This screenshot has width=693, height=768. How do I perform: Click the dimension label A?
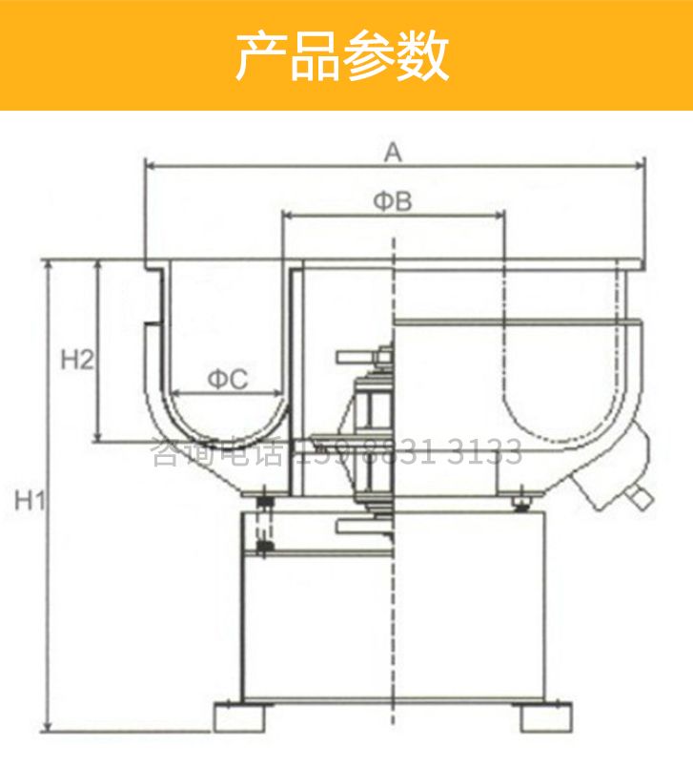pyautogui.click(x=393, y=150)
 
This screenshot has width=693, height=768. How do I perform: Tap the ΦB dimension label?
pyautogui.click(x=392, y=200)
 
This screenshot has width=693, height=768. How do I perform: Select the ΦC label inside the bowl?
pyautogui.click(x=228, y=380)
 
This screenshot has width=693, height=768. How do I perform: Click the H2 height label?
pyautogui.click(x=77, y=360)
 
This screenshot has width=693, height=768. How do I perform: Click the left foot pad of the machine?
pyautogui.click(x=238, y=716)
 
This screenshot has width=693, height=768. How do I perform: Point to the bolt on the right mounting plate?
pyautogui.click(x=521, y=497)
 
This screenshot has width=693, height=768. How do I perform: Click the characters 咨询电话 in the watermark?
pyautogui.click(x=218, y=452)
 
